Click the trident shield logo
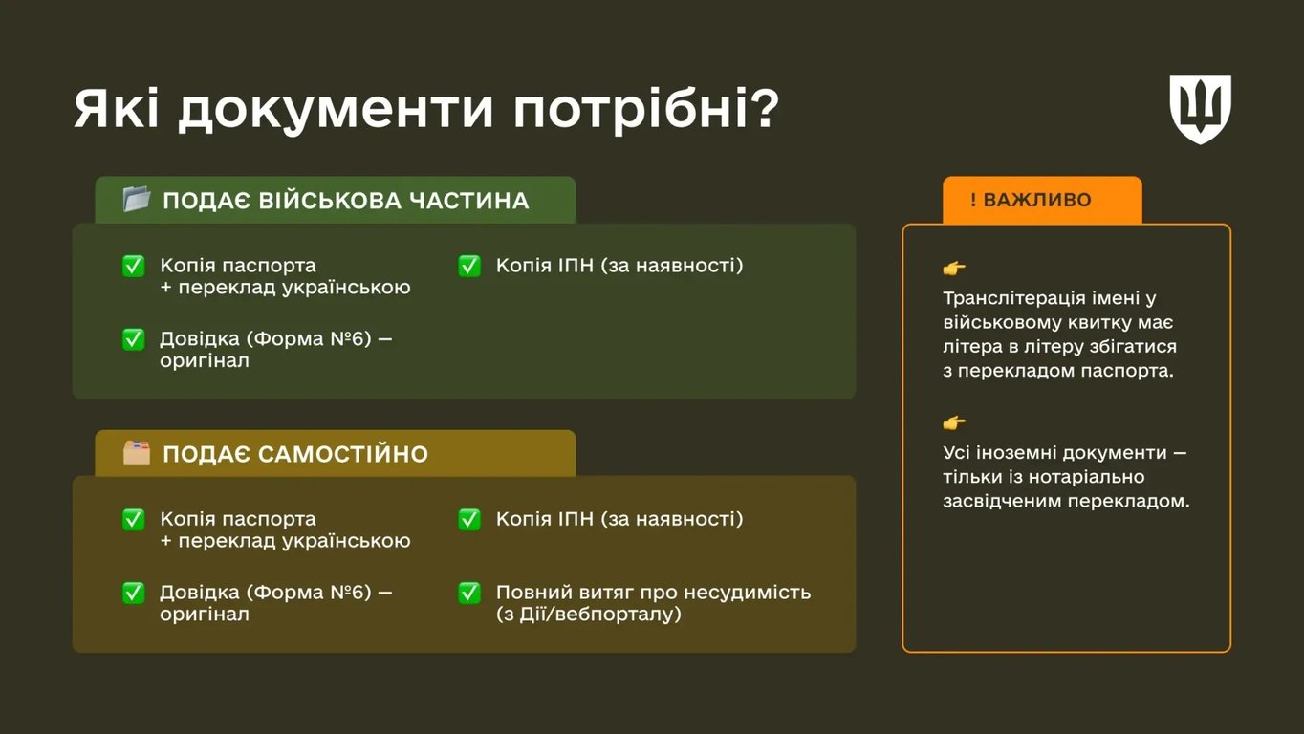coord(1200,108)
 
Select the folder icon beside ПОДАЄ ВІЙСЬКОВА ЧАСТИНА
coord(137,200)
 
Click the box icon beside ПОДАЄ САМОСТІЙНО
coord(137,453)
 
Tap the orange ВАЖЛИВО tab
coord(1041,200)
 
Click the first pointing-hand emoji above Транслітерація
coord(954,269)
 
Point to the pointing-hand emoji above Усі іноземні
coord(954,423)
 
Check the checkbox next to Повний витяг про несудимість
coord(469,593)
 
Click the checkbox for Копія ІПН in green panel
coord(469,266)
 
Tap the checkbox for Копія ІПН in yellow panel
coord(469,519)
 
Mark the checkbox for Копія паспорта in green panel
coord(134,266)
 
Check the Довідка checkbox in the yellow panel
coord(134,593)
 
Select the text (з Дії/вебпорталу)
coord(588,615)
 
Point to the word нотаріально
coord(1087,476)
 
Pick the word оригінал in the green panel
coord(205,361)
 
